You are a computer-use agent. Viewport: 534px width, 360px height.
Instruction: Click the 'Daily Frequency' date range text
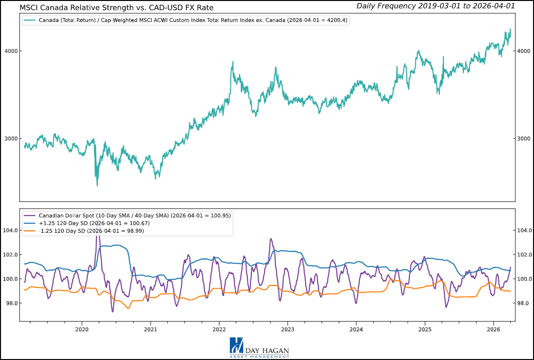[x=435, y=6]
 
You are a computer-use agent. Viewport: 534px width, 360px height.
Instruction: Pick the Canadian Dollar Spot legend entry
[x=133, y=215]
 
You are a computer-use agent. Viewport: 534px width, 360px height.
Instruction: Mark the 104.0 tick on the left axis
[x=10, y=230]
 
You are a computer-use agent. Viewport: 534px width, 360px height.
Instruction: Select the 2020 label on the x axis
[x=82, y=329]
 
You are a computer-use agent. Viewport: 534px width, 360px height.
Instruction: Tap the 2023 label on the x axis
[x=287, y=329]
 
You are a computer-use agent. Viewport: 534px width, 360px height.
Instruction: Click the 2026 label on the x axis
[x=494, y=329]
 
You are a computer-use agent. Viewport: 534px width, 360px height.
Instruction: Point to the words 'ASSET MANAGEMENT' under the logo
[x=259, y=356]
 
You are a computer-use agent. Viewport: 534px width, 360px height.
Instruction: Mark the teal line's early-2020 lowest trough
[x=97, y=185]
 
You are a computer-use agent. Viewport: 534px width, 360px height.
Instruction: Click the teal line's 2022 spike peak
[x=233, y=61]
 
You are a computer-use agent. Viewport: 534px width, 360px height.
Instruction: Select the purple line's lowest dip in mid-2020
[x=113, y=312]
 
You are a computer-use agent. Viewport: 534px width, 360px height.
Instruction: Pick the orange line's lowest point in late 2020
[x=128, y=308]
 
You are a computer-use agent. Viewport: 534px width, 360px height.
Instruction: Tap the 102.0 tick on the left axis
[x=10, y=255]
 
